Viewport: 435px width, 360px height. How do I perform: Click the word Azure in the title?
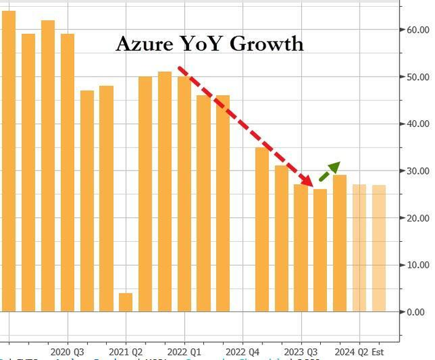(x=141, y=44)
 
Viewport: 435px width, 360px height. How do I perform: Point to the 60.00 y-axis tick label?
(x=417, y=30)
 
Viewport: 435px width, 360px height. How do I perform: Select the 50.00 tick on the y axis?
(x=417, y=77)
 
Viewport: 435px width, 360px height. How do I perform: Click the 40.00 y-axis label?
(x=417, y=124)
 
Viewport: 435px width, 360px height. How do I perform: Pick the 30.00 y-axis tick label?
(x=417, y=170)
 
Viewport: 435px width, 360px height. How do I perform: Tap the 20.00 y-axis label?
(x=417, y=218)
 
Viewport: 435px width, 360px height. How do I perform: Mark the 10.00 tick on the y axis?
(x=417, y=265)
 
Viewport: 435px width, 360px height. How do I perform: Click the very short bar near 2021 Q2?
(x=126, y=302)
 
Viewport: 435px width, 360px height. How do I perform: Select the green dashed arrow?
(x=330, y=170)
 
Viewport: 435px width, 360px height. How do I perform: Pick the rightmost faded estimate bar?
(x=379, y=248)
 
